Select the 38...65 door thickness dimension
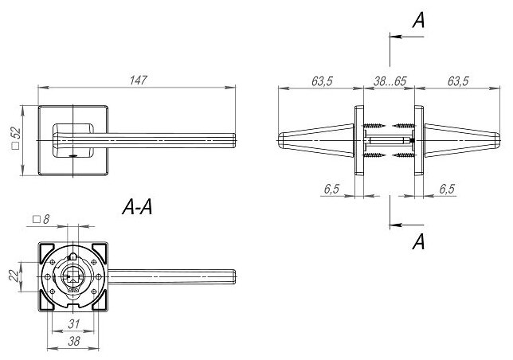pyautogui.click(x=389, y=80)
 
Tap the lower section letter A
pyautogui.click(x=417, y=243)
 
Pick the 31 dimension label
pyautogui.click(x=72, y=323)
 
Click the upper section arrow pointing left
pyautogui.click(x=394, y=36)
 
